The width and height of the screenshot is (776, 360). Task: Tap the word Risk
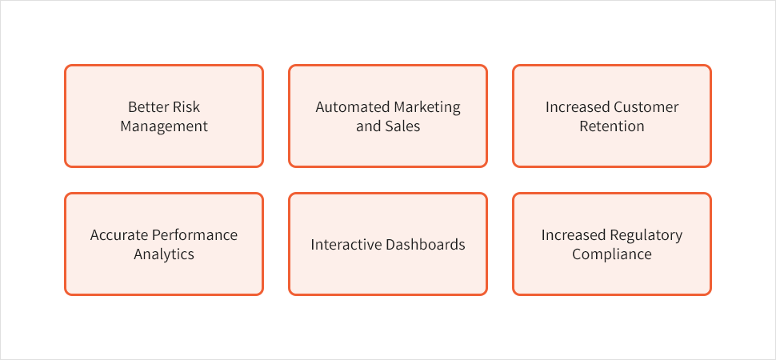(x=186, y=107)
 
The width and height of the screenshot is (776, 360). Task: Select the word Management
(x=164, y=126)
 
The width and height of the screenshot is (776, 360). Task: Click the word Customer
(x=646, y=107)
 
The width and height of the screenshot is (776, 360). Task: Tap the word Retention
(x=612, y=126)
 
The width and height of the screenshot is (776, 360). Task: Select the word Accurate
(x=118, y=234)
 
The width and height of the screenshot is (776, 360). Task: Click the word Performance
(x=194, y=234)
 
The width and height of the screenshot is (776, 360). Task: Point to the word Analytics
(x=164, y=255)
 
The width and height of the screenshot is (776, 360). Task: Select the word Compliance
(x=612, y=255)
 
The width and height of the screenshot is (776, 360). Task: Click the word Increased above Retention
(x=577, y=107)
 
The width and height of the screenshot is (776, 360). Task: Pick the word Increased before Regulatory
(x=573, y=234)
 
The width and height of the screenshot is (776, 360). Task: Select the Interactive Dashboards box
(x=388, y=244)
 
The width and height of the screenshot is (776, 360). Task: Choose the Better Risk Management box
(x=164, y=116)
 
